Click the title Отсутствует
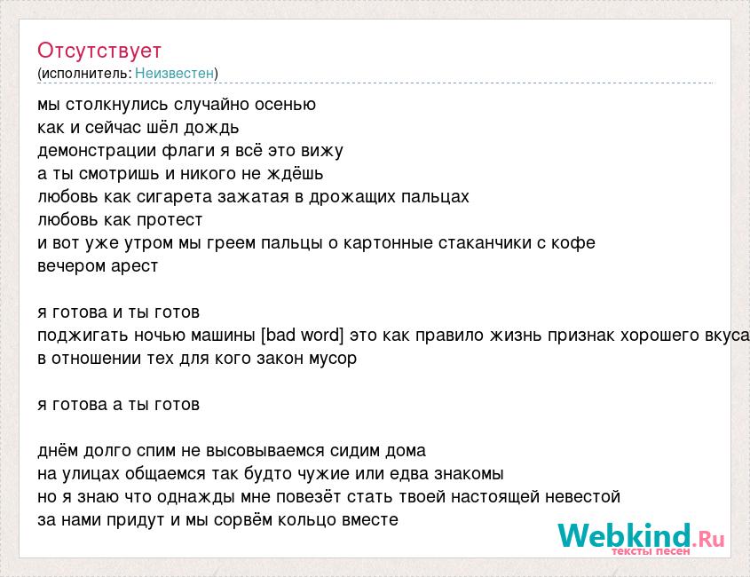tap(99, 51)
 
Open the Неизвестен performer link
tap(175, 73)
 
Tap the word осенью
tap(285, 105)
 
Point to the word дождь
tap(211, 128)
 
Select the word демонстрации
tap(97, 151)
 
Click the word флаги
tap(188, 151)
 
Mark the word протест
tap(170, 220)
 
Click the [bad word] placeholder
tap(303, 335)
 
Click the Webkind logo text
tap(642, 535)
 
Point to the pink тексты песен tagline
tap(651, 551)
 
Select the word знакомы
tap(469, 474)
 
